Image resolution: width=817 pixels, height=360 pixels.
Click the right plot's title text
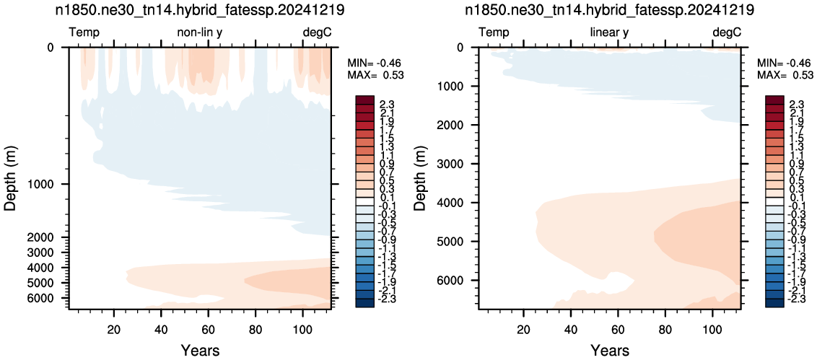[x=610, y=10]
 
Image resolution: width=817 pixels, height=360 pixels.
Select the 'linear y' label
[x=609, y=33]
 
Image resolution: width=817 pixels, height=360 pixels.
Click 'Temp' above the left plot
[x=84, y=33]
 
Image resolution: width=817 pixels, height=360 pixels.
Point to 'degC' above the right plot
[x=726, y=33]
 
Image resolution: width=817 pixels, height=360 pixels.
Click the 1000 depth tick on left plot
[x=48, y=185]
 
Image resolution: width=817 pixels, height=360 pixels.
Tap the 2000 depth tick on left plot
[x=48, y=237]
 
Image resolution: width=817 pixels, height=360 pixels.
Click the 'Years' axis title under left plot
[x=200, y=350]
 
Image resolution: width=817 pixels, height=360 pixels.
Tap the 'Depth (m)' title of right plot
[x=420, y=177]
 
